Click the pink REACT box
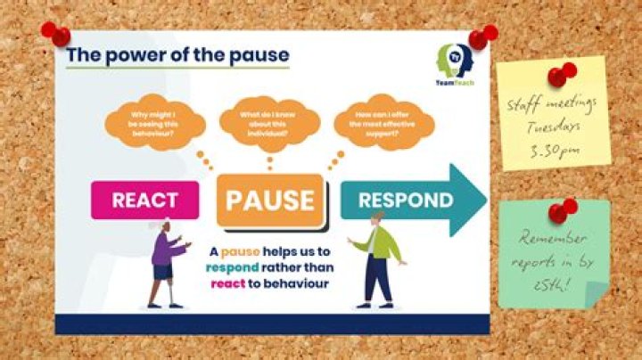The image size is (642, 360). point(145,200)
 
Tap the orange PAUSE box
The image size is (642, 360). point(270,200)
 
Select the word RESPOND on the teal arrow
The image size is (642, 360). point(406,200)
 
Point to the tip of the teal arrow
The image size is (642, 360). point(487,200)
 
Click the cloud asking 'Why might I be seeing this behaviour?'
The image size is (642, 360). point(155,124)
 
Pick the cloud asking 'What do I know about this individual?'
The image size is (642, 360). point(269,124)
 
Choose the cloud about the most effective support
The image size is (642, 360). point(383,123)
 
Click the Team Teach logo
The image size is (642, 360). point(455,65)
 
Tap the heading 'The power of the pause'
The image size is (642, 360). point(177,55)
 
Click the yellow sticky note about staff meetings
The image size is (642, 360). point(553,114)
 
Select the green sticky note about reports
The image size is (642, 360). point(555,255)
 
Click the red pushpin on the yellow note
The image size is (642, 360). point(562,74)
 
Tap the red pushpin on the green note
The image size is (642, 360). point(563,210)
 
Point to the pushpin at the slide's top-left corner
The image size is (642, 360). point(55,34)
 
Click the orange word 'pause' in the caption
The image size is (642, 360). point(241,252)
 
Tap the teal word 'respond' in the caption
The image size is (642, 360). point(232,267)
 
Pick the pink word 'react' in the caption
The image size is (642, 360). point(228,283)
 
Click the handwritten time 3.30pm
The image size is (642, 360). point(555,151)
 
